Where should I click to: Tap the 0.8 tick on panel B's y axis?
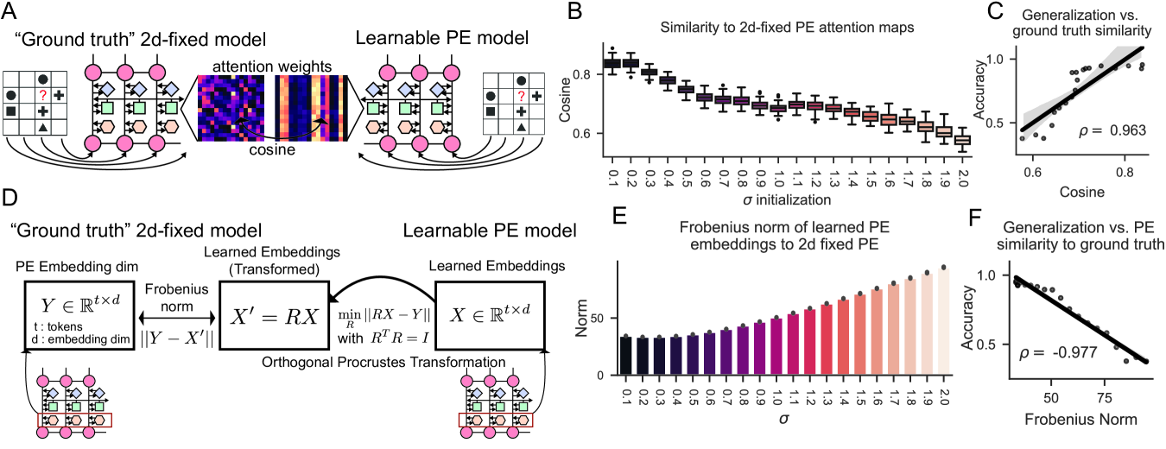click(x=602, y=75)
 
